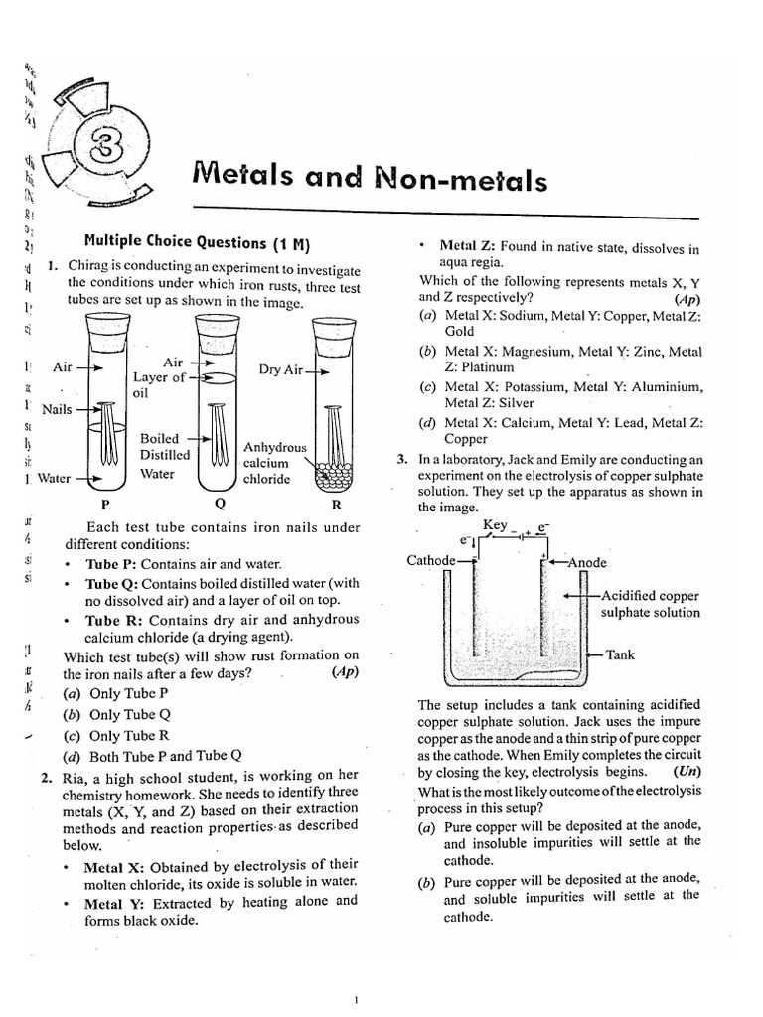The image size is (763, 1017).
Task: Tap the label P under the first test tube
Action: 105,503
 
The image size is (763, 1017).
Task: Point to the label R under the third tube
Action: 336,503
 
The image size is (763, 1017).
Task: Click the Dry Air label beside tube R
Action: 280,370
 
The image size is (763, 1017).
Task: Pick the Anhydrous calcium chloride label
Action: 274,463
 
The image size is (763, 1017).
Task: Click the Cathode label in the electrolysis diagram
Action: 431,561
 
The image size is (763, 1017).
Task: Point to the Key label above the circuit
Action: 494,524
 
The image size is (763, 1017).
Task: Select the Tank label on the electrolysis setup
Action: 620,655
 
